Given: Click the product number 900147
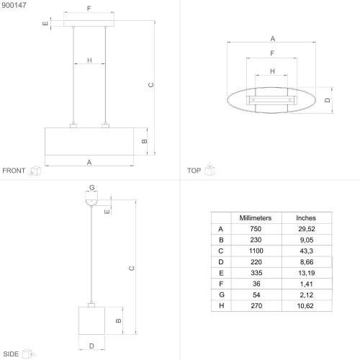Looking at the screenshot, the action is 14,5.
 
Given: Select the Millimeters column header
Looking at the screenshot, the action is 256,218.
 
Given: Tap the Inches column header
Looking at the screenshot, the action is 306,218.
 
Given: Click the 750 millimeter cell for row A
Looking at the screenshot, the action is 256,229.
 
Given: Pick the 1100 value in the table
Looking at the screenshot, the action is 256,251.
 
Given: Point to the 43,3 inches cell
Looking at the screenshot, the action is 307,251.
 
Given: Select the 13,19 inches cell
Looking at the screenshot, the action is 306,273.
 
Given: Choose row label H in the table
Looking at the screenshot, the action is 221,306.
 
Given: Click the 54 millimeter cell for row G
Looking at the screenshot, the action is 256,294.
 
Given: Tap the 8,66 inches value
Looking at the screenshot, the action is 307,262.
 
